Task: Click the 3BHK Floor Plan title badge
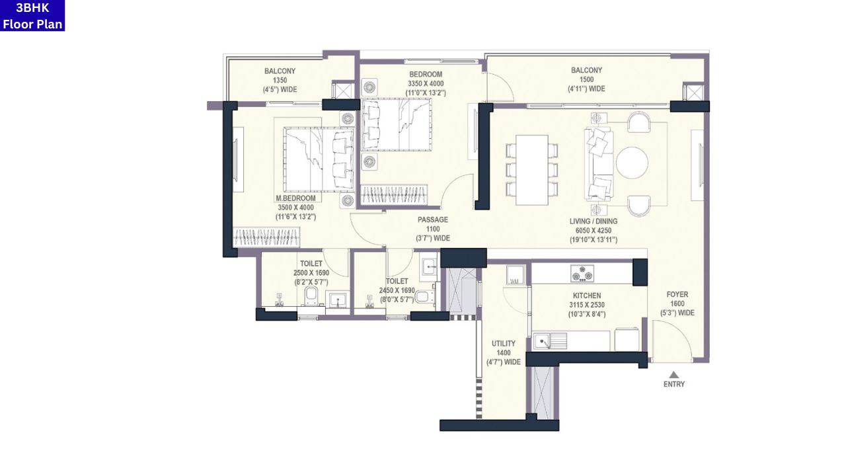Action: [32, 16]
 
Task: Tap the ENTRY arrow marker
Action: [673, 375]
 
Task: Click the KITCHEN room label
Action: [586, 296]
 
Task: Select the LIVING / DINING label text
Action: [593, 221]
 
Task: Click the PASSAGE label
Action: [433, 219]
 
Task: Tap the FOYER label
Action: [677, 295]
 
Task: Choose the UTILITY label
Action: [503, 344]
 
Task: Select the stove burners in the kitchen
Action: [582, 273]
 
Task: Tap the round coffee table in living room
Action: [632, 162]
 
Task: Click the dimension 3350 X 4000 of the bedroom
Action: [426, 84]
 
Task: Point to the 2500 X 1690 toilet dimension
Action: [311, 273]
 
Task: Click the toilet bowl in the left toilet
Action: [312, 296]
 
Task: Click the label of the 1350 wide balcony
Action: [280, 71]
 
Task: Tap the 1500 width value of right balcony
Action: [586, 79]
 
